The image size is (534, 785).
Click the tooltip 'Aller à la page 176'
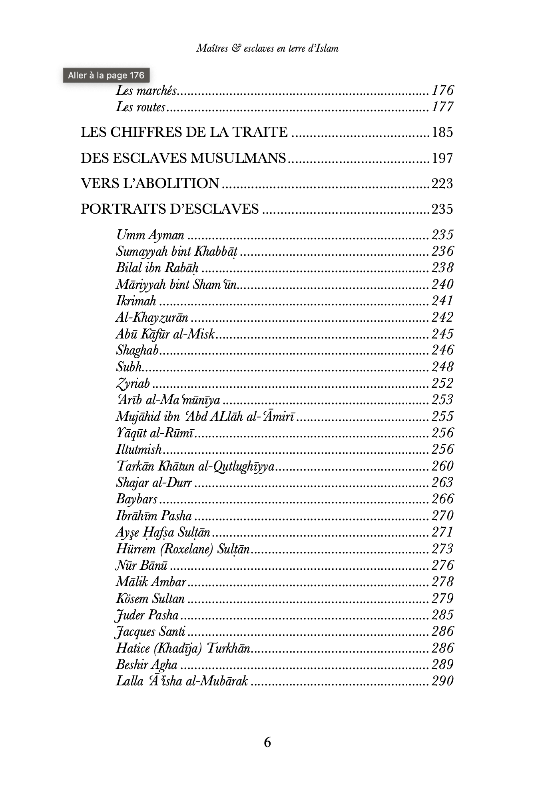pyautogui.click(x=106, y=75)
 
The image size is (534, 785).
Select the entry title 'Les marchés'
pyautogui.click(x=146, y=91)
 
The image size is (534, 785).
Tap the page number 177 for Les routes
pyautogui.click(x=442, y=107)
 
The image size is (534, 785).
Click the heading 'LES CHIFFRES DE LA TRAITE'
pyautogui.click(x=184, y=132)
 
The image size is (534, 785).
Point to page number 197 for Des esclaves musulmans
pyautogui.click(x=442, y=158)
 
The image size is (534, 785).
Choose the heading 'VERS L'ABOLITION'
pyautogui.click(x=150, y=184)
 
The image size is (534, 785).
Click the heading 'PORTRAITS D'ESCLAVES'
pyautogui.click(x=169, y=209)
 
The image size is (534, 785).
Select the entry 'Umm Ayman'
pyautogui.click(x=150, y=235)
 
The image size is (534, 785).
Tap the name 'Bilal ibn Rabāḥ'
pyautogui.click(x=157, y=268)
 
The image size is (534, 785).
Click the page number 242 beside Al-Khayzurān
pyautogui.click(x=442, y=318)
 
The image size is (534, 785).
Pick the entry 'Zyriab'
pyautogui.click(x=133, y=384)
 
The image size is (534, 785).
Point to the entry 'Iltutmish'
pyautogui.click(x=139, y=450)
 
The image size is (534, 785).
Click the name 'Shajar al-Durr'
pyautogui.click(x=154, y=483)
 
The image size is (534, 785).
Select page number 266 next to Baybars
pyautogui.click(x=442, y=499)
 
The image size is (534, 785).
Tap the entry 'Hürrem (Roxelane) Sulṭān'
pyautogui.click(x=183, y=549)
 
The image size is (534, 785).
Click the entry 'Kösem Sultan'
pyautogui.click(x=150, y=599)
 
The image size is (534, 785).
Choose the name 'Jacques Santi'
pyautogui.click(x=150, y=632)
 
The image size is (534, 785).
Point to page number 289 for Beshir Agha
pyautogui.click(x=442, y=665)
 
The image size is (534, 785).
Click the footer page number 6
pyautogui.click(x=267, y=743)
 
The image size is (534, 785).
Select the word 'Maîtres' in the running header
pyautogui.click(x=212, y=48)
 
